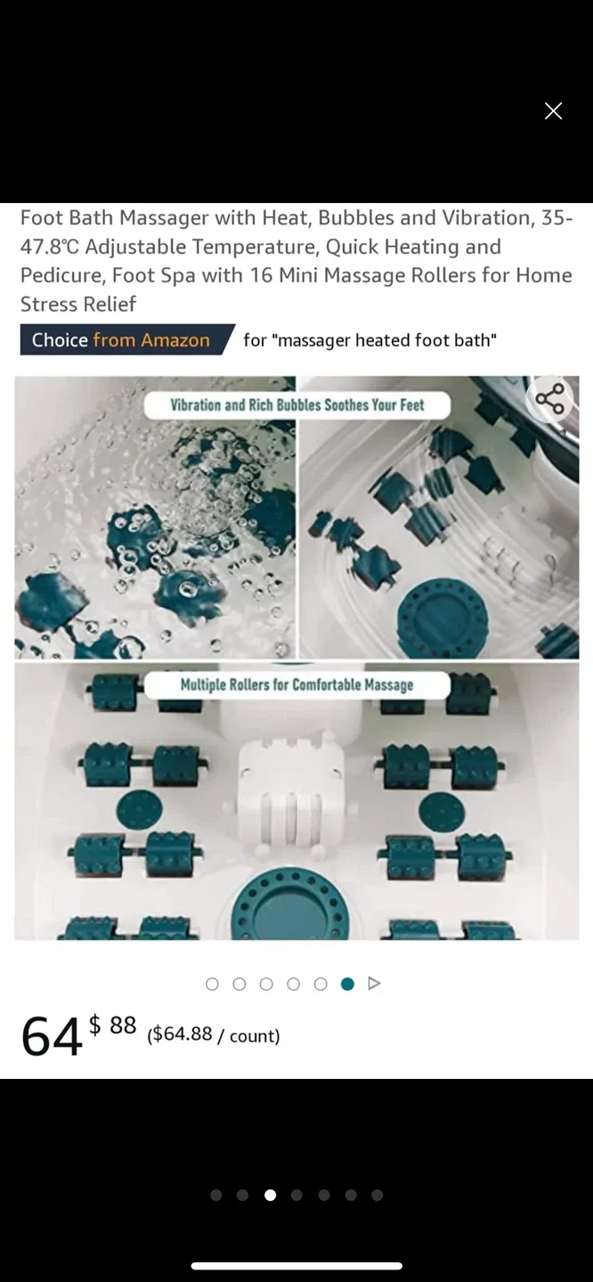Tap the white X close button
click(x=553, y=111)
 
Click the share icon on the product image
click(x=549, y=399)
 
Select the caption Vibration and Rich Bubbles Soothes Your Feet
click(x=297, y=405)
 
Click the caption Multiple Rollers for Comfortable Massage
click(x=296, y=686)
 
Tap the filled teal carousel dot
click(x=347, y=984)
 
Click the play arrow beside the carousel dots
click(x=374, y=984)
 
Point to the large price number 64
click(x=52, y=1036)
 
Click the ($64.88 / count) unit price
click(x=214, y=1035)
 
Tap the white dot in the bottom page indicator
click(x=270, y=1195)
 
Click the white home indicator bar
click(x=296, y=1266)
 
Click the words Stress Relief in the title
click(x=78, y=304)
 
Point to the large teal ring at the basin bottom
click(x=289, y=905)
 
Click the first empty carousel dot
click(x=212, y=984)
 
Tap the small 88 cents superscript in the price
click(x=123, y=1025)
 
